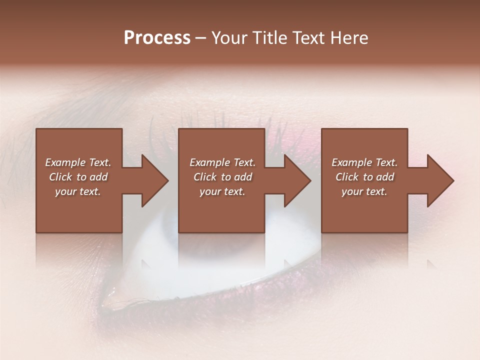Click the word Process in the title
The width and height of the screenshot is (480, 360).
point(157,38)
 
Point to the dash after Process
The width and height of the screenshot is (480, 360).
point(200,39)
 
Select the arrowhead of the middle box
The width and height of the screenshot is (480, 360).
point(297,180)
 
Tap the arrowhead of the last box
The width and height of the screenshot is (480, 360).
point(440,180)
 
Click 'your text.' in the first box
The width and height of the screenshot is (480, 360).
point(78,191)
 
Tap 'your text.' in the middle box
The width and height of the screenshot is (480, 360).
point(222,191)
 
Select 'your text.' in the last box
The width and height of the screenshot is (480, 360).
point(364,191)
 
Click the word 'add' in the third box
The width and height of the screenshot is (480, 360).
point(385,177)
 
